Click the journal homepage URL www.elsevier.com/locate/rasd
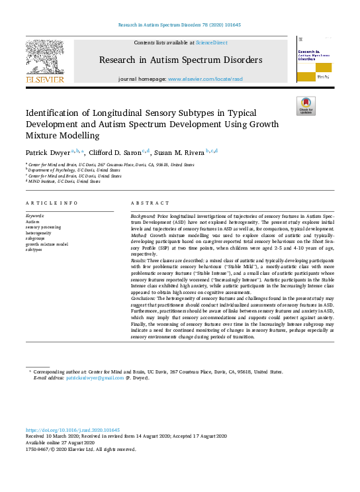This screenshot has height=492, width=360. coord(205,79)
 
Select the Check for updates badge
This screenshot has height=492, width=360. coord(305,105)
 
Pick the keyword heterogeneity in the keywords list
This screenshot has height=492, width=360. coord(38,234)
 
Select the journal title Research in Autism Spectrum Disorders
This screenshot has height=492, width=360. coord(181,60)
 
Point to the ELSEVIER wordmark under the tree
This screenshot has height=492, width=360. coord(44,79)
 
